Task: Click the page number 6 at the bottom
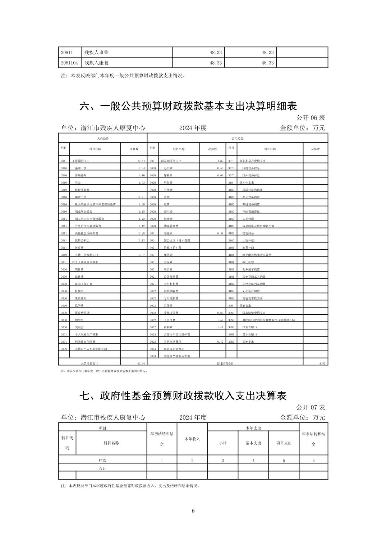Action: coord(193,511)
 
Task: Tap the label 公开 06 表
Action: coord(311,118)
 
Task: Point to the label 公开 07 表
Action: coord(311,407)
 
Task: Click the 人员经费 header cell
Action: coord(103,138)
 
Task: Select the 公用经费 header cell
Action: coord(238,138)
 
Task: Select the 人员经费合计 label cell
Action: coord(89,364)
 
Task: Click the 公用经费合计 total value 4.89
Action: coord(322,364)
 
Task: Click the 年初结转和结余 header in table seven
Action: coord(162,439)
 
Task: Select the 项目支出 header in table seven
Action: coord(284,443)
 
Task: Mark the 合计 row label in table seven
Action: coord(103,468)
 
